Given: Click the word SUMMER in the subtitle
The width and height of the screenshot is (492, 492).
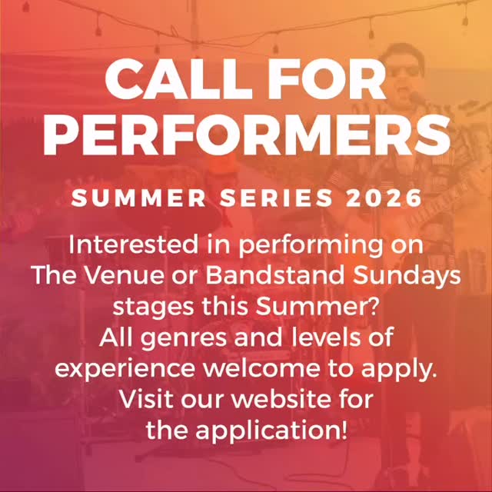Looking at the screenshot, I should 138,198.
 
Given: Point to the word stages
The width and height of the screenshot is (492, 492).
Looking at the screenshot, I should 149,307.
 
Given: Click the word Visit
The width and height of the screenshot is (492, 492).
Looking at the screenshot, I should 149,399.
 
